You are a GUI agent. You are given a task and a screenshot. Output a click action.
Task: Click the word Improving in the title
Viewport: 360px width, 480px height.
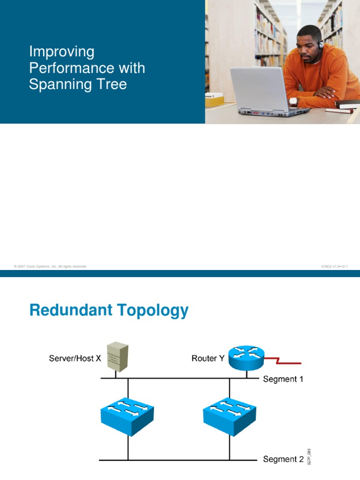click(x=61, y=52)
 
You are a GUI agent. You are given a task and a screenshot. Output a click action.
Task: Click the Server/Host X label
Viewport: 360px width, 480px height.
click(x=75, y=359)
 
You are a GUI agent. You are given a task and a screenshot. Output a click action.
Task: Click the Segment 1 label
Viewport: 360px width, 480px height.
click(x=283, y=379)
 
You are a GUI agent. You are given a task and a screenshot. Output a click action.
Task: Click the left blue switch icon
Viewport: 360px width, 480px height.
click(x=127, y=414)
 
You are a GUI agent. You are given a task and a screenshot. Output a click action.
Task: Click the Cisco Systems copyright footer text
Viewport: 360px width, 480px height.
click(x=51, y=266)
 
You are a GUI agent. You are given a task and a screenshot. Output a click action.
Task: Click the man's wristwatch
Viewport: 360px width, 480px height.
click(x=293, y=101)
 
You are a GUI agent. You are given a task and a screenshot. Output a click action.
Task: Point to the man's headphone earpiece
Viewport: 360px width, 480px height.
click(x=321, y=45)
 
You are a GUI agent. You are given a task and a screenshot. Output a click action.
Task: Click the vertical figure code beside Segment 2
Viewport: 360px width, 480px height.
click(x=309, y=457)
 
